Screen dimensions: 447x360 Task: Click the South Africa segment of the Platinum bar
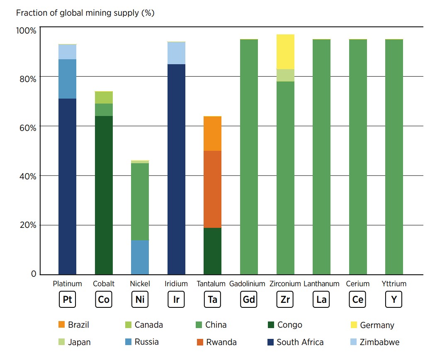point(67,186)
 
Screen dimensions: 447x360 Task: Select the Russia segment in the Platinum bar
point(67,79)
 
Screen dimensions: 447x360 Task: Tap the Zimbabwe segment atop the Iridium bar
point(176,53)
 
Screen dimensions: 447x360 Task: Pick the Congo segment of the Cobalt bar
point(104,195)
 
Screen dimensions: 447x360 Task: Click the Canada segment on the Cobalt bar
point(104,97)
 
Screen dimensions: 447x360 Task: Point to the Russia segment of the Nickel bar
point(140,257)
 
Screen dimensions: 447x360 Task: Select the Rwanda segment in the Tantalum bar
point(212,189)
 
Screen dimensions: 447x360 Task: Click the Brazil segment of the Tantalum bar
point(212,133)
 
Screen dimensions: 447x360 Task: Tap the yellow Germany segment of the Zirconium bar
point(285,52)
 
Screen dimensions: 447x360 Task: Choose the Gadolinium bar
point(249,157)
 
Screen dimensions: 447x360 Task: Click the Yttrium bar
point(394,157)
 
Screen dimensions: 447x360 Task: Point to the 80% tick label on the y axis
point(28,79)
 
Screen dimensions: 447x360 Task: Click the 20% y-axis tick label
point(28,225)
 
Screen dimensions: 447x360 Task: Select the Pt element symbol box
point(67,300)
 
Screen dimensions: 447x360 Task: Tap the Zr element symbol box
point(285,300)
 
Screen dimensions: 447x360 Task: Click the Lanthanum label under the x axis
point(321,284)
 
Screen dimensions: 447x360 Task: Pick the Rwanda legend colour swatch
point(200,342)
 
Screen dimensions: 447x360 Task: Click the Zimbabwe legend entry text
point(379,342)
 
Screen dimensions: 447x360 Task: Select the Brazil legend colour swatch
point(61,325)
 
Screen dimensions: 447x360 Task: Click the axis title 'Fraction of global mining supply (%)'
point(85,13)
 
